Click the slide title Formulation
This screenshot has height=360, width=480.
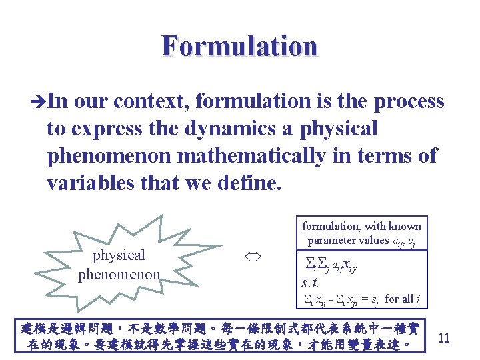pyautogui.click(x=239, y=46)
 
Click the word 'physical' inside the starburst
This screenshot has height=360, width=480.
pyautogui.click(x=119, y=255)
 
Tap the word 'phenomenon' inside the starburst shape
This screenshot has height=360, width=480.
pyautogui.click(x=119, y=273)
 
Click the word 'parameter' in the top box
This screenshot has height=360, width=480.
pyautogui.click(x=331, y=240)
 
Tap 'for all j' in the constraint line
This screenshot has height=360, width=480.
pyautogui.click(x=401, y=299)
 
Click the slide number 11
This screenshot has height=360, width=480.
pyautogui.click(x=444, y=337)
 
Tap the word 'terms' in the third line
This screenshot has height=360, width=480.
pyautogui.click(x=387, y=155)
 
